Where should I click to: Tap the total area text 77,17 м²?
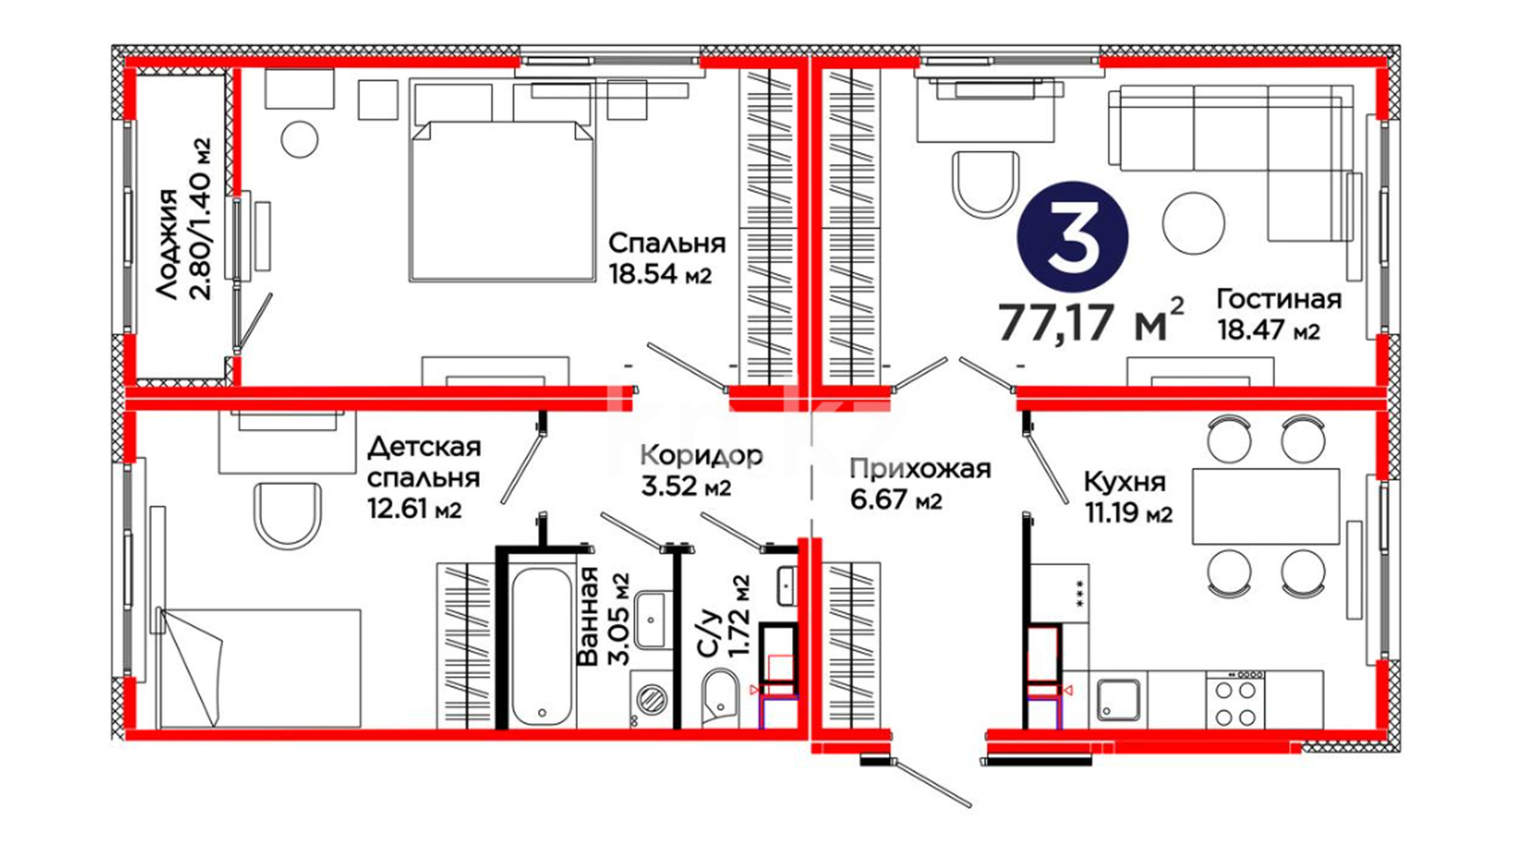coord(1091,321)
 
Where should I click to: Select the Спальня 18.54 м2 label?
coord(667,258)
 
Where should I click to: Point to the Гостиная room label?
coord(1279,299)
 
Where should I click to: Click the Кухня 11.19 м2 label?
coord(1128,498)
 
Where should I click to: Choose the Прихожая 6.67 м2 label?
coord(920,484)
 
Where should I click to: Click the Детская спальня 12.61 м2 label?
coord(424,478)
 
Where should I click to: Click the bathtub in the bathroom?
coord(542,645)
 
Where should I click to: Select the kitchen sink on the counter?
coord(1118,699)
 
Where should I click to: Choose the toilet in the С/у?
coord(720,696)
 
